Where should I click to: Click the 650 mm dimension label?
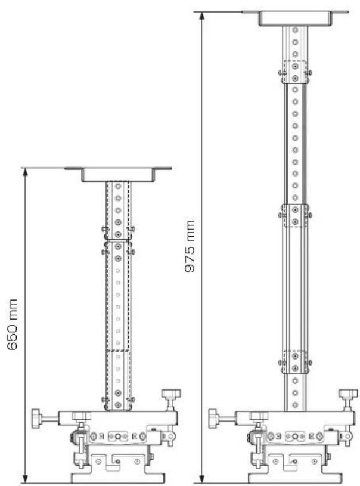click(x=12, y=324)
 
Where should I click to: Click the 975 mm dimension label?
click(x=190, y=246)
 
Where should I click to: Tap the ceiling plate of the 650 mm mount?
click(x=118, y=174)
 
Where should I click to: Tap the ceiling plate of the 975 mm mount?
click(x=295, y=18)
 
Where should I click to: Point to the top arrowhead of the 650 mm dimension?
click(x=26, y=172)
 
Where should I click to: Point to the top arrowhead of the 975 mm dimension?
click(x=202, y=16)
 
